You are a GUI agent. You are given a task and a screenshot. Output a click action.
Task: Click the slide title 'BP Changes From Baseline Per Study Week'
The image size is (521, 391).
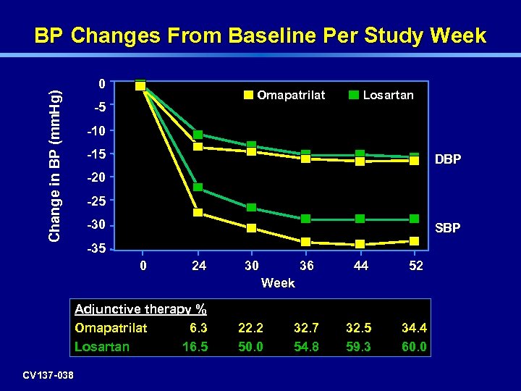point(260,36)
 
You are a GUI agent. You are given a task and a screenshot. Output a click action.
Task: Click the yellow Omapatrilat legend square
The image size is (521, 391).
point(248,95)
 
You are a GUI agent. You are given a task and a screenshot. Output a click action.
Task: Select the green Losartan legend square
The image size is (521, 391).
point(354,95)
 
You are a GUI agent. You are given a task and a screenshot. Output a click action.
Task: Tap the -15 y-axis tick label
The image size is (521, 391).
point(96,154)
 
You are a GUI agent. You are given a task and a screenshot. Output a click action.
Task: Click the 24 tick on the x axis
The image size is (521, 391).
point(198,266)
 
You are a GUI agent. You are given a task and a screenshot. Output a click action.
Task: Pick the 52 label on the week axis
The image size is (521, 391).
point(415,266)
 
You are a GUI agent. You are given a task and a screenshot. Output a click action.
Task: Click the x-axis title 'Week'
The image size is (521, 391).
point(278,283)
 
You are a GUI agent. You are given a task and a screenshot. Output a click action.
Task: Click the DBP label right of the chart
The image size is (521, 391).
point(447,159)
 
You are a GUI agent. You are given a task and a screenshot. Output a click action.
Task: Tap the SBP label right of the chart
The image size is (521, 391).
point(447,229)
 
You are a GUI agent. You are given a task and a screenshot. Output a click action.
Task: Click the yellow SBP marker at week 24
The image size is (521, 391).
point(198,212)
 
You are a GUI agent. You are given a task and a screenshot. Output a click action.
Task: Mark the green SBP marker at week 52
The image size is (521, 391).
point(414,219)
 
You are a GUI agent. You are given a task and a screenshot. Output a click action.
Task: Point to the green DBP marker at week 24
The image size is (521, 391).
point(198,135)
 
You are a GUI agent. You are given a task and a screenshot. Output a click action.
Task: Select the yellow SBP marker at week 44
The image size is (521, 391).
point(360,244)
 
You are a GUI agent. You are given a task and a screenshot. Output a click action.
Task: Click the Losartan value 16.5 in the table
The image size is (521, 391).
point(195,347)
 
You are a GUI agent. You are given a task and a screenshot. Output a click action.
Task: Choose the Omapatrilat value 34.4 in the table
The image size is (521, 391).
point(414,328)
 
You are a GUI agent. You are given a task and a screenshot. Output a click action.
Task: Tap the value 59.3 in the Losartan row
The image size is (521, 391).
point(360,347)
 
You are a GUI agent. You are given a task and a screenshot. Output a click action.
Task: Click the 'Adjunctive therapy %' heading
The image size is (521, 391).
point(140,309)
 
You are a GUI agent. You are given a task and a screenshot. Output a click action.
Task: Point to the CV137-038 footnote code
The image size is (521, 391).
point(48,374)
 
